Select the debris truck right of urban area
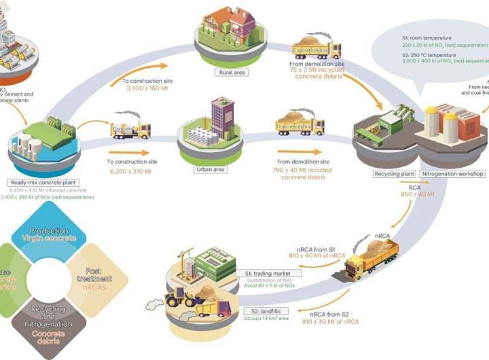tap(299, 126)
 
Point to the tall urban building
tap(221, 117)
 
